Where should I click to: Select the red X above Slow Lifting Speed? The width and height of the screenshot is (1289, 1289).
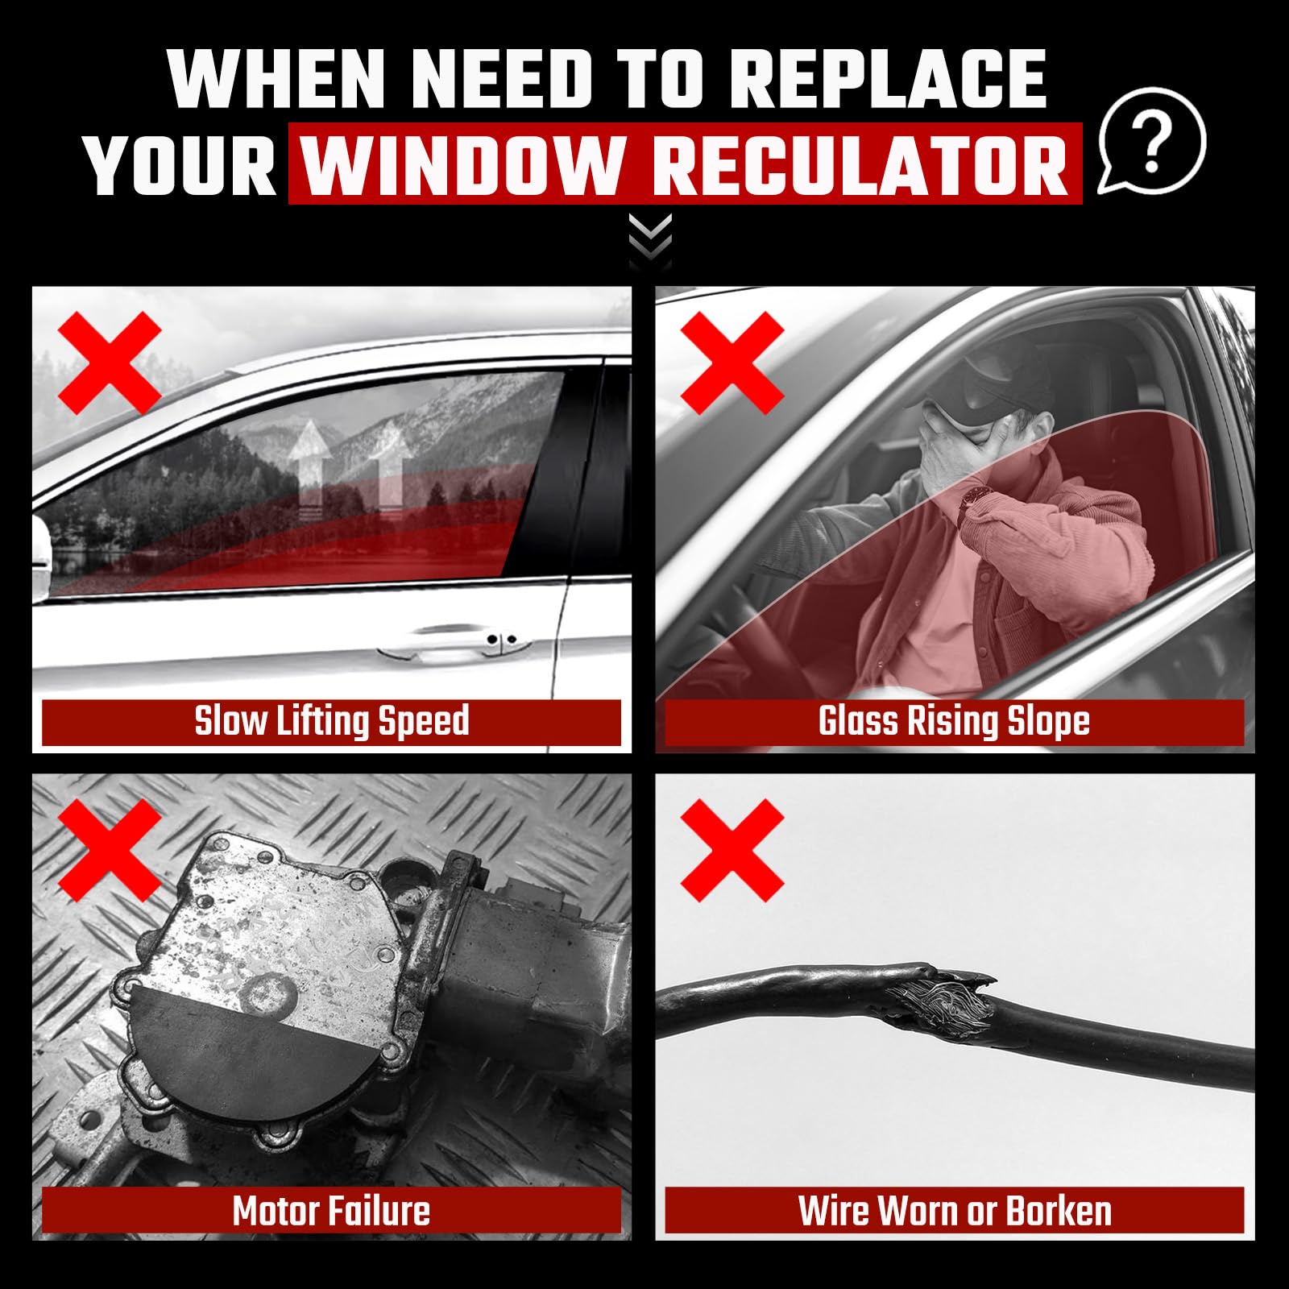[111, 363]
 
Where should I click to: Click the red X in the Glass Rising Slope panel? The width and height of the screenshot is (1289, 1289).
[732, 363]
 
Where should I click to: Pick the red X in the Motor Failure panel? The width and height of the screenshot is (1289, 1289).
[111, 851]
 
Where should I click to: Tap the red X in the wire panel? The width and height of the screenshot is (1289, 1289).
[732, 851]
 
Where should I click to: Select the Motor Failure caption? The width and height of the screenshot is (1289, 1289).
[331, 1211]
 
